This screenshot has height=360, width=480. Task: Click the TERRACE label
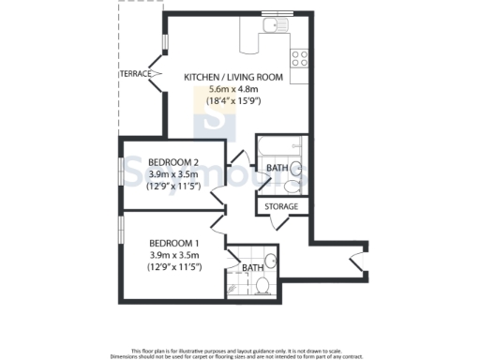(x=136, y=72)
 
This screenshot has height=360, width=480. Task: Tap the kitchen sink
(x=278, y=25)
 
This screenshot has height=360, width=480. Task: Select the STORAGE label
(x=281, y=206)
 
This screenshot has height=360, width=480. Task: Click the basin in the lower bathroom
(x=269, y=262)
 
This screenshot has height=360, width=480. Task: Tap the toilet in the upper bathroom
(x=297, y=169)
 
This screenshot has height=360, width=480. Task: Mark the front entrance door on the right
(x=355, y=262)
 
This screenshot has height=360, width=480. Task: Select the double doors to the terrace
(x=161, y=70)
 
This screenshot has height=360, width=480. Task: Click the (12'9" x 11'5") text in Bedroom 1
(x=173, y=267)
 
